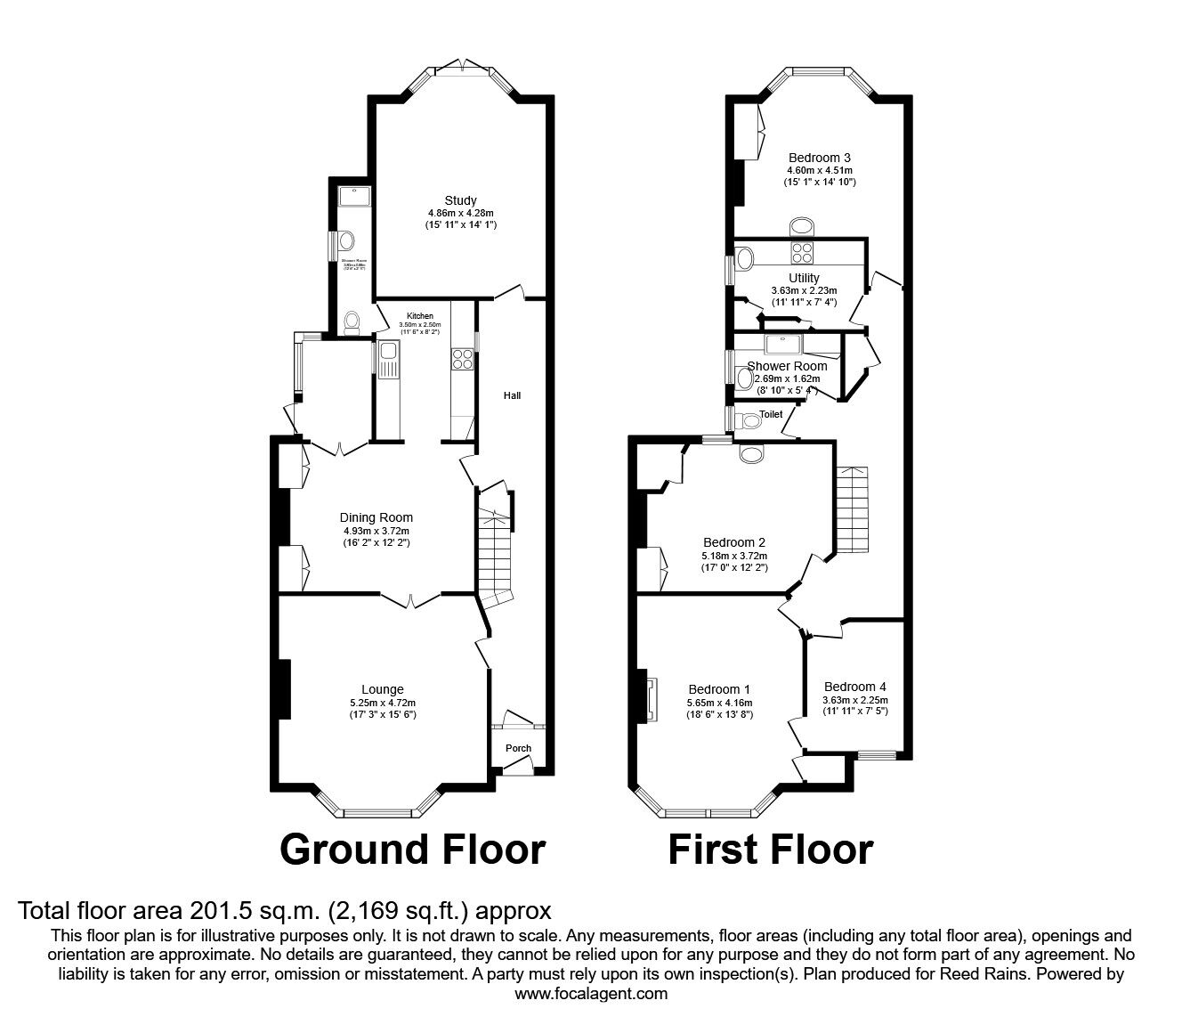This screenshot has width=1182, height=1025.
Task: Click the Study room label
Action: [x=460, y=200]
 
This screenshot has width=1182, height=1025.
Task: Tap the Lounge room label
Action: [x=382, y=689]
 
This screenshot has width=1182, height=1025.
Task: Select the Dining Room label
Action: [x=376, y=517]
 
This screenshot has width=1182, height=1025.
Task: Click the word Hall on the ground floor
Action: [x=512, y=395]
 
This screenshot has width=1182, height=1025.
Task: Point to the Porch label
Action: [x=518, y=748]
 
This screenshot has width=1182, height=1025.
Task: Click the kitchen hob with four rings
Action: [x=464, y=359]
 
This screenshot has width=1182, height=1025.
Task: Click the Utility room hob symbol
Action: [x=802, y=252]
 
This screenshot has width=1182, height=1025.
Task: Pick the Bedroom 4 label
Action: [x=854, y=687]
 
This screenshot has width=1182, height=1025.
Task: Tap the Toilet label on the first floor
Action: [x=771, y=415]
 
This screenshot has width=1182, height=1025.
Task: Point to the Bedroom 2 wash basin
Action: [x=753, y=454]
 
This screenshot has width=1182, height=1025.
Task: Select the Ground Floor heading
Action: [x=412, y=850]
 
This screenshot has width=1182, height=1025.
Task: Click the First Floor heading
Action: [x=770, y=850]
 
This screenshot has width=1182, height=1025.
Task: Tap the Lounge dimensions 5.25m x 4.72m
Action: [x=383, y=702]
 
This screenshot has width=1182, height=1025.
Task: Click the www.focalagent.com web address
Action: [x=591, y=993]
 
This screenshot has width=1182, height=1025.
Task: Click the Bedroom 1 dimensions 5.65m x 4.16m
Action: [x=719, y=702]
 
